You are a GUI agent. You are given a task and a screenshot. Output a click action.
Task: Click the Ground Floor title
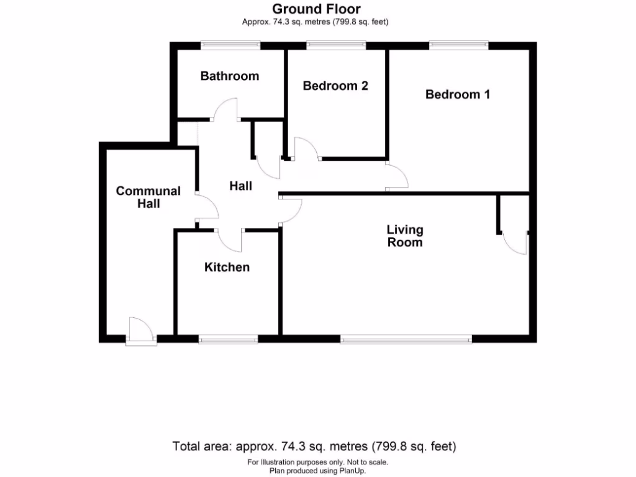(317, 9)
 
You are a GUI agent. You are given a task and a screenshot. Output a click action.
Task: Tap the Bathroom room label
(229, 76)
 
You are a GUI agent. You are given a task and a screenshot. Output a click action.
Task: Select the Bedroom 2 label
(335, 86)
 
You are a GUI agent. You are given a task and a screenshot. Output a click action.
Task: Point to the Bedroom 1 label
(458, 94)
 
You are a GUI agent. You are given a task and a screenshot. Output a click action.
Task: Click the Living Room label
(405, 236)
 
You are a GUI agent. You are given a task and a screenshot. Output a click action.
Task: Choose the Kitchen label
(227, 267)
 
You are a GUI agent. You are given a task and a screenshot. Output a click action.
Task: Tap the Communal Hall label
(148, 197)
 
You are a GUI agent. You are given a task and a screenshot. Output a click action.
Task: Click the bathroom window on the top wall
(230, 45)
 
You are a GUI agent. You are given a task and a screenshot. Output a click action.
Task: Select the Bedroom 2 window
(336, 45)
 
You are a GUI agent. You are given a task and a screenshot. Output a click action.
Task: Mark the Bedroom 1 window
(458, 45)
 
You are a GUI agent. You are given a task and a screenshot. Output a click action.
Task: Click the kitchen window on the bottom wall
(228, 339)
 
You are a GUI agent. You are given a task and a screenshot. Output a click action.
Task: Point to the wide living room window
(406, 339)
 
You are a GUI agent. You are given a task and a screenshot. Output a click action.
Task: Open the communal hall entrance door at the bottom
(140, 330)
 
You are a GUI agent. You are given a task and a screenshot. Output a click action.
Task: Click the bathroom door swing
(226, 111)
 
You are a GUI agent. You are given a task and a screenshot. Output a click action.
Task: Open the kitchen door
(230, 240)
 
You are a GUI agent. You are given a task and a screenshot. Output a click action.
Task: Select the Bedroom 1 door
(396, 176)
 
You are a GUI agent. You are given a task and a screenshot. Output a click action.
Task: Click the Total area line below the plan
(314, 446)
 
